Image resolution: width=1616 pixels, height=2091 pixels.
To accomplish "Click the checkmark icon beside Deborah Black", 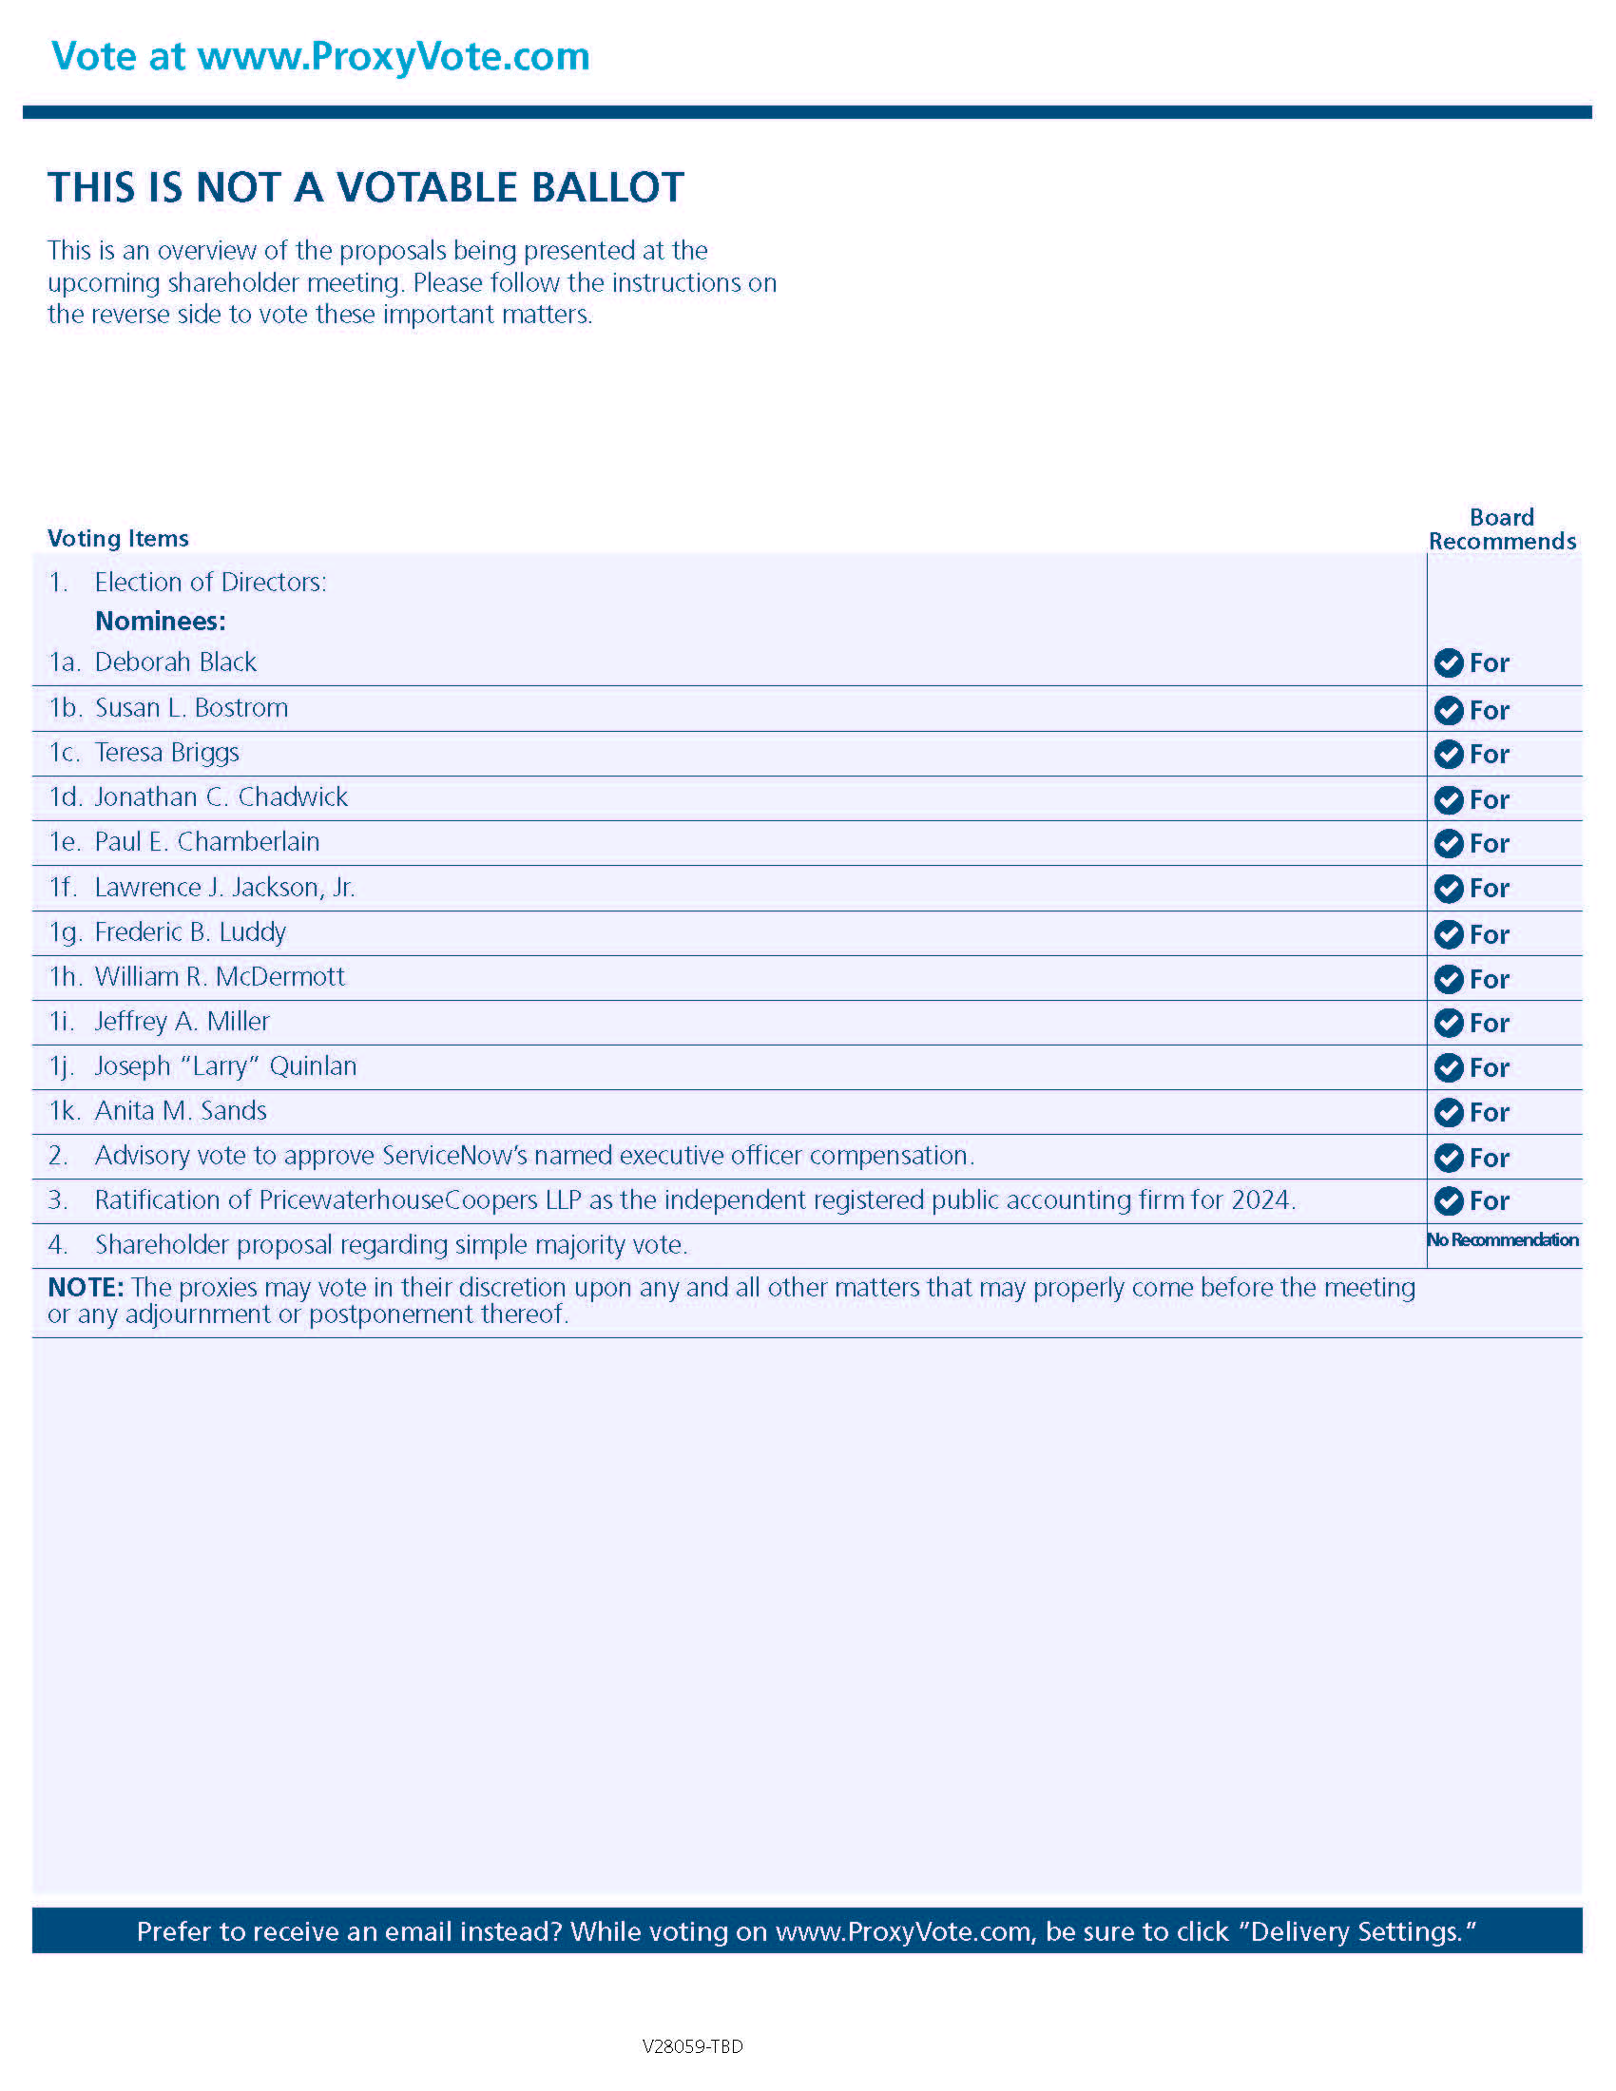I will pos(1449,662).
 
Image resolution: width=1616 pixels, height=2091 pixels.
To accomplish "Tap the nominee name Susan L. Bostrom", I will pos(191,707).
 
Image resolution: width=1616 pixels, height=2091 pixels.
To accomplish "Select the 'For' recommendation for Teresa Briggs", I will pos(1489,755).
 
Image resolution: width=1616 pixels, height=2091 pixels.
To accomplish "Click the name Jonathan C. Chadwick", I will pos(221,796).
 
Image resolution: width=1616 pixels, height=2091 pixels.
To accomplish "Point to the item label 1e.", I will pos(64,841).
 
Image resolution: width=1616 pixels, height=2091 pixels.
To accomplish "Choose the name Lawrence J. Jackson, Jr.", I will pos(225,888).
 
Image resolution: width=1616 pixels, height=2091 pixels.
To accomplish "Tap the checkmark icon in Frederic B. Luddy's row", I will pos(1449,933).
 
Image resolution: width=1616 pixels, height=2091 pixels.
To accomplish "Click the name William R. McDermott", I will pos(220,976).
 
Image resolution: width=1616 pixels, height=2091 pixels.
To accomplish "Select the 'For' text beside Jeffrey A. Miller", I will pos(1489,1023).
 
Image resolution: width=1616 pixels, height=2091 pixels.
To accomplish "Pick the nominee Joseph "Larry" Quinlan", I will pos(226,1065).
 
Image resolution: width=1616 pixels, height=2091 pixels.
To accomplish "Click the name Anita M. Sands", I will pos(180,1110).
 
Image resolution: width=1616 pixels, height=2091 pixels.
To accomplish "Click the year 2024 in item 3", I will pos(1260,1199).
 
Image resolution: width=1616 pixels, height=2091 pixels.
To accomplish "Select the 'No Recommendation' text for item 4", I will pos(1502,1239).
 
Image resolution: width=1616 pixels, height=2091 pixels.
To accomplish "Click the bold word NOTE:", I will pos(87,1288).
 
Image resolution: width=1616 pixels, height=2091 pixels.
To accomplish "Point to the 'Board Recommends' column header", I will pos(1502,529).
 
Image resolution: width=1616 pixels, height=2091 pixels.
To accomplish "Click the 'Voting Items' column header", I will pos(118,538).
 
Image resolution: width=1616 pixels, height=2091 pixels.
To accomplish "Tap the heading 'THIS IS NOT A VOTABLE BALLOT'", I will pos(366,187).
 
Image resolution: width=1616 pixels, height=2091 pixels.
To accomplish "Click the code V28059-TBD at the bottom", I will pos(692,2046).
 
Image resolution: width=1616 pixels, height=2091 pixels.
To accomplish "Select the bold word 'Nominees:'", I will pos(160,622).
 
